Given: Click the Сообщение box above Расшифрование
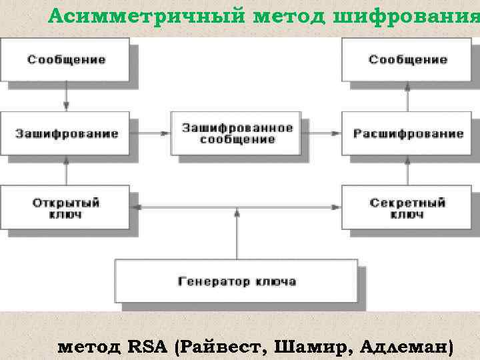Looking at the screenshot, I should coord(407,60).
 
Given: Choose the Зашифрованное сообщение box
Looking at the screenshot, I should coord(237,133).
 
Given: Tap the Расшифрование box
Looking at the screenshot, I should coord(407,133).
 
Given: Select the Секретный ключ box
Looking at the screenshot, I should coord(407,208).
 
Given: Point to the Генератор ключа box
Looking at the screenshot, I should coord(237,281).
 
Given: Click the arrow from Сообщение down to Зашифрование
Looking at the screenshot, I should coord(66,97).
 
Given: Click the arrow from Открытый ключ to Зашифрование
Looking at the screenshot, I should coord(66,171).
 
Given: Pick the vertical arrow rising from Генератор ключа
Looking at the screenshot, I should coord(237,233).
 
